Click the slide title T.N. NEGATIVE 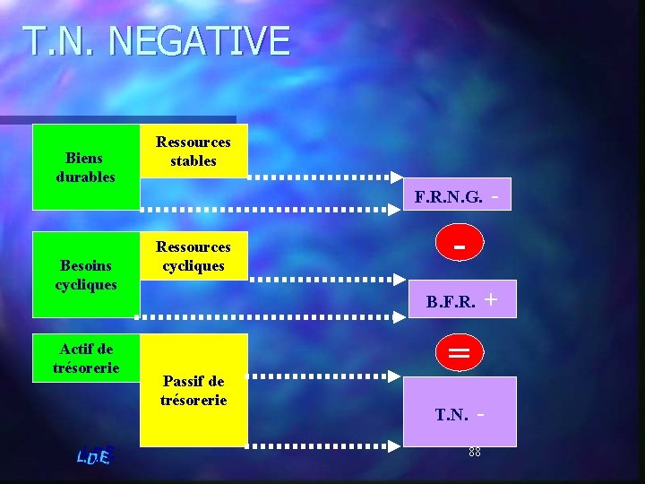[157, 42]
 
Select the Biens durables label [85, 168]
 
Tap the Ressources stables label [193, 151]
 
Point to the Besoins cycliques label [86, 274]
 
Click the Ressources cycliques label [193, 255]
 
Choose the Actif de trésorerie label [86, 358]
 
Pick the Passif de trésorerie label [193, 390]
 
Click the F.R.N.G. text [449, 196]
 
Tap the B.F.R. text [451, 303]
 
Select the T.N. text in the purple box [451, 415]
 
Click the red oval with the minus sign [460, 245]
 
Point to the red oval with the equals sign [460, 353]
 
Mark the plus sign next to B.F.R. [491, 301]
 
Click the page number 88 [475, 452]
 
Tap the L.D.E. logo [94, 456]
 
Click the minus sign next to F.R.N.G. [495, 193]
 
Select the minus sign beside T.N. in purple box [481, 413]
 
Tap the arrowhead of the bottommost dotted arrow [394, 445]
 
